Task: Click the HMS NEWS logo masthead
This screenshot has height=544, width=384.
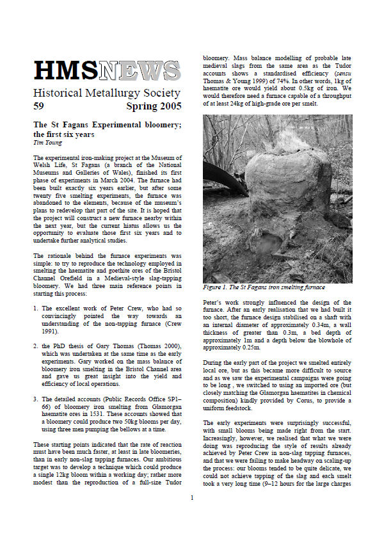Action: coord(107,70)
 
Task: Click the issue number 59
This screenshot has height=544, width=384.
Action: coord(40,105)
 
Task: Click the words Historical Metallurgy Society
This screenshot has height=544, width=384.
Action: coord(106,92)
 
